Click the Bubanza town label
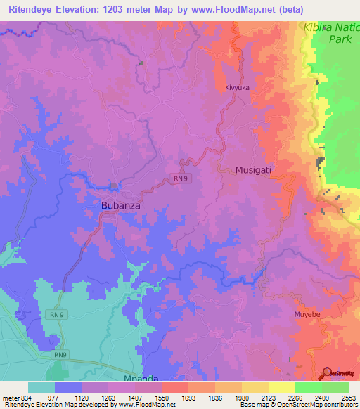[x=117, y=207]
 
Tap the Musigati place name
[x=253, y=170]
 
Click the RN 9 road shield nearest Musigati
[x=181, y=179]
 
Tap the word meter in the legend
[x=8, y=397]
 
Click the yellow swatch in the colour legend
[x=281, y=387]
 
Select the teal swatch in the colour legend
[x=41, y=387]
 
